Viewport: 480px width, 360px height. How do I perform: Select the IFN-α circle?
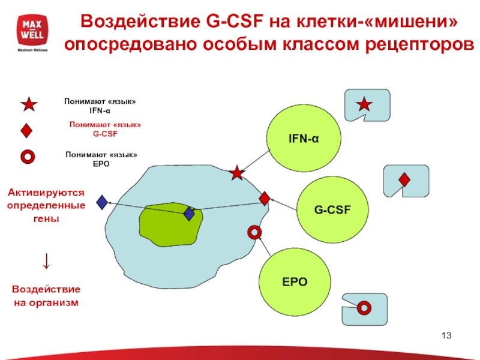(x=304, y=140)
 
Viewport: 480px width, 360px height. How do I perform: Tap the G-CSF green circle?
(x=332, y=209)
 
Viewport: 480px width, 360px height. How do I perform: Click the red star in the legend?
(x=28, y=106)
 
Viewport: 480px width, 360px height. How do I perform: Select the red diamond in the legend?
(x=27, y=130)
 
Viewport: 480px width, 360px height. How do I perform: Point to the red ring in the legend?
(x=27, y=157)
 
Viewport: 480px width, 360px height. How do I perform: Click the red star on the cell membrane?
(x=238, y=173)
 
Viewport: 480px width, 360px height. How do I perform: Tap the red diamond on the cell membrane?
(x=265, y=198)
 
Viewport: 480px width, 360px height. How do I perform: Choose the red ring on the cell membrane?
(x=254, y=232)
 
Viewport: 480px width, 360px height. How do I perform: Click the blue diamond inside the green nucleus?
(x=189, y=214)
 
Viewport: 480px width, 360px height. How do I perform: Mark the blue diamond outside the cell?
(x=102, y=203)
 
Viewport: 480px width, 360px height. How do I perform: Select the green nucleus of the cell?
(x=168, y=224)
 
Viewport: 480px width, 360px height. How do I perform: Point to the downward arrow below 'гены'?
(x=46, y=260)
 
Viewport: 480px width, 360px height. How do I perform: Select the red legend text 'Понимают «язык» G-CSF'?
(x=106, y=129)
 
